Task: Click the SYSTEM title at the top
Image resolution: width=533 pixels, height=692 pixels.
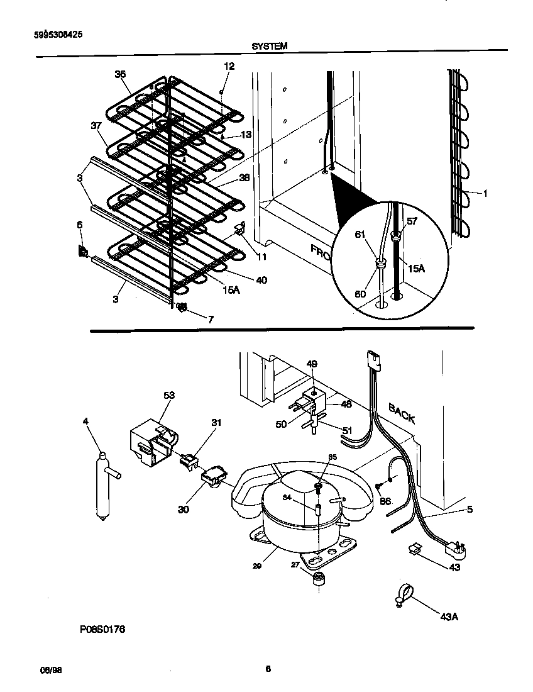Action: (x=270, y=46)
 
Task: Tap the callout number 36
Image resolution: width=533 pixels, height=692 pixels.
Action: (x=120, y=74)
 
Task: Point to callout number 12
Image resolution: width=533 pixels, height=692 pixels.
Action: (x=229, y=66)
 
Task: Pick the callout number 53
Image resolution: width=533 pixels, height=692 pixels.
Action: (x=168, y=396)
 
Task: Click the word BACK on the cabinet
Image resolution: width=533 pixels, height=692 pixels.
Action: (x=402, y=413)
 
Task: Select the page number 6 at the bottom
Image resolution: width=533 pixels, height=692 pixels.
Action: (x=268, y=669)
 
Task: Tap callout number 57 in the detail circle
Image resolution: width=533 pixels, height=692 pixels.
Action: (x=412, y=222)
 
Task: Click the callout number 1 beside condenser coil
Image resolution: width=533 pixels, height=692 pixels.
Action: (x=485, y=194)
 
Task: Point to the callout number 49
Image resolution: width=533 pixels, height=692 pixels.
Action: (x=312, y=364)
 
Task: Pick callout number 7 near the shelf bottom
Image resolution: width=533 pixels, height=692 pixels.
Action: (x=210, y=320)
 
